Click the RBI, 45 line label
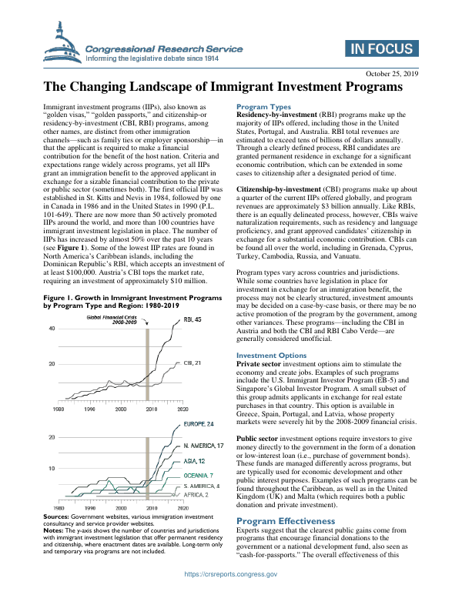[x=192, y=299]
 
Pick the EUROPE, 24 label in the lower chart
[x=199, y=424]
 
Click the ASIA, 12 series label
[x=194, y=462]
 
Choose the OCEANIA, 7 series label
[x=199, y=476]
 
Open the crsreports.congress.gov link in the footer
[x=231, y=574]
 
